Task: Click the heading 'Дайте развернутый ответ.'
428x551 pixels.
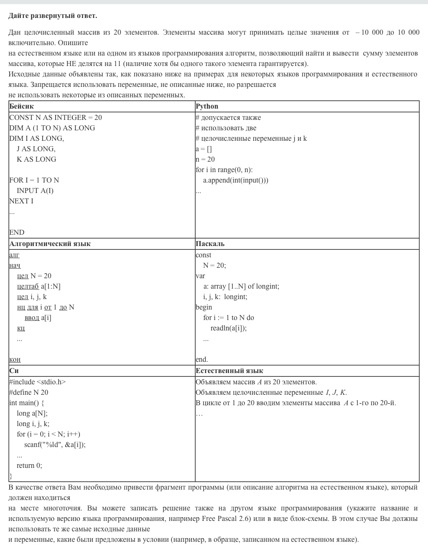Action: click(x=53, y=16)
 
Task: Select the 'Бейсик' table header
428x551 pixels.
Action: click(x=21, y=107)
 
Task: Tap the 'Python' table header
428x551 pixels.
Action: click(x=207, y=107)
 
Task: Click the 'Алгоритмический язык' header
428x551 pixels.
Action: click(x=50, y=244)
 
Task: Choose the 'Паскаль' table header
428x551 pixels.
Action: click(x=210, y=244)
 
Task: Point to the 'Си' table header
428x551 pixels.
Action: click(x=14, y=371)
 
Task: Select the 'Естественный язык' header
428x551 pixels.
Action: click(x=229, y=371)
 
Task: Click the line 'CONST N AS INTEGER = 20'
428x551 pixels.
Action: click(x=56, y=117)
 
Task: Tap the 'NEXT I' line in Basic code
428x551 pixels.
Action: click(x=21, y=201)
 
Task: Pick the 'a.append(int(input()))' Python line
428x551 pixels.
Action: click(x=236, y=180)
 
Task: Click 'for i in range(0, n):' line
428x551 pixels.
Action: click(x=224, y=170)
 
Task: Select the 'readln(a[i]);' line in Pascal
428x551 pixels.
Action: click(x=229, y=328)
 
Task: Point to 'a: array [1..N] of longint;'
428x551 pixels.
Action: click(x=241, y=286)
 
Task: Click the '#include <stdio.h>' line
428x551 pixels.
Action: click(x=37, y=382)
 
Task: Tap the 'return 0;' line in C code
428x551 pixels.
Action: click(x=29, y=465)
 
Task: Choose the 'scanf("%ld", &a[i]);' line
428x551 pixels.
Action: click(x=55, y=444)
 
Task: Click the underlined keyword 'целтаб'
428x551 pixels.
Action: click(x=28, y=286)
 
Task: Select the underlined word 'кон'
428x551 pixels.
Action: click(x=15, y=359)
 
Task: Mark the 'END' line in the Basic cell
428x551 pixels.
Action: click(x=17, y=232)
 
